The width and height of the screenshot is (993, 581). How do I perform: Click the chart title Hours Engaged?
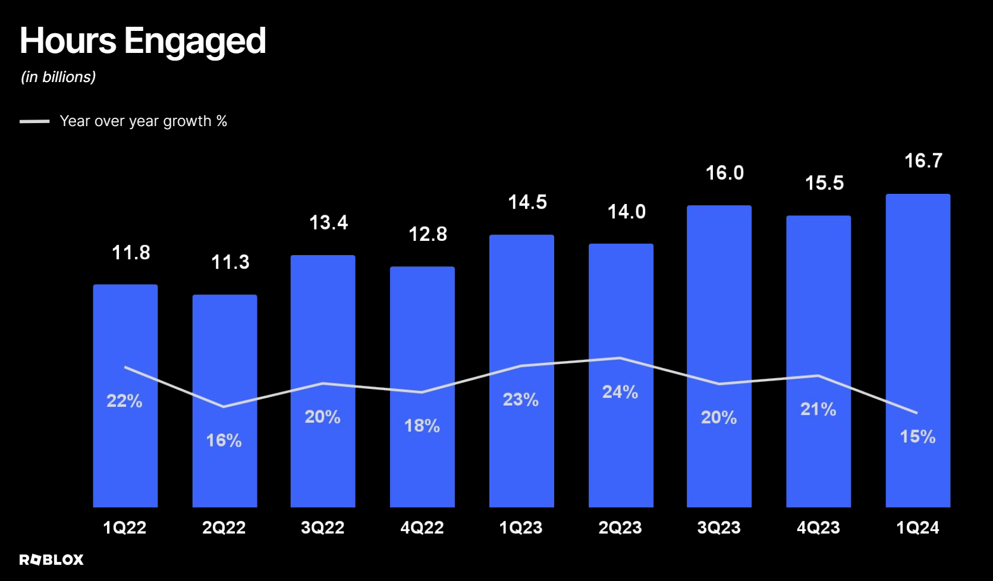(x=143, y=41)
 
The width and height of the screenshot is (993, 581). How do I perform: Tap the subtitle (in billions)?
(x=58, y=77)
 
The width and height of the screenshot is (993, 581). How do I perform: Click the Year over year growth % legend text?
(x=143, y=121)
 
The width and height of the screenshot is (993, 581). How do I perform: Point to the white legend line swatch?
(x=34, y=121)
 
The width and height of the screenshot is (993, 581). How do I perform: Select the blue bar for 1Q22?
(x=125, y=395)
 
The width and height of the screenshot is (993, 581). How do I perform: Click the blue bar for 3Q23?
(x=719, y=356)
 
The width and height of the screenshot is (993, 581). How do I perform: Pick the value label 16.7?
(x=923, y=161)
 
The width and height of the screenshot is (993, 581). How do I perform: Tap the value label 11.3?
(x=230, y=262)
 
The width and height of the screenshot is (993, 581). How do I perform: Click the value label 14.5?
(x=527, y=202)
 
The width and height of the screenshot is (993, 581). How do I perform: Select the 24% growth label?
(x=620, y=392)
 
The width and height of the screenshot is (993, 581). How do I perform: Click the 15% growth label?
(x=917, y=437)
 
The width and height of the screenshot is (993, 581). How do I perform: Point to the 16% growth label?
(x=224, y=441)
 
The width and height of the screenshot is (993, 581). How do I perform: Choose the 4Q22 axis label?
(x=422, y=528)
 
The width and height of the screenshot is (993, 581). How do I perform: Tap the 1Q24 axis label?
(x=917, y=528)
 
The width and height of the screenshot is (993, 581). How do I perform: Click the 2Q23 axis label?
(x=620, y=528)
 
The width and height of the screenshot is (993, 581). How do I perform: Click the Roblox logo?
(x=51, y=560)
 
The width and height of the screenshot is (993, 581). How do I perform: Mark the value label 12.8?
(x=428, y=234)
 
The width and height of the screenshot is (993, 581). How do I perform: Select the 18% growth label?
(x=422, y=426)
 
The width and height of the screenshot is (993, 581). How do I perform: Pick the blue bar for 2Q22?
(x=225, y=401)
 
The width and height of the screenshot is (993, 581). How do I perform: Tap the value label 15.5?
(x=824, y=183)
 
